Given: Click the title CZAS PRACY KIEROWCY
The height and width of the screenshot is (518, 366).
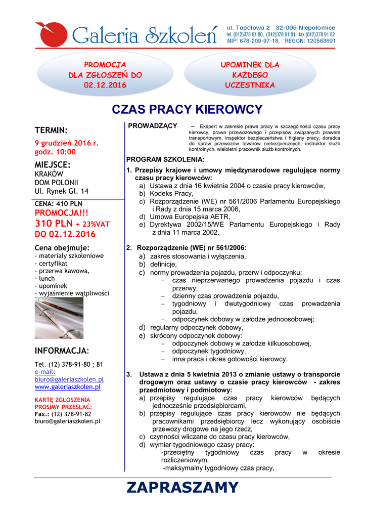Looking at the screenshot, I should [187, 110].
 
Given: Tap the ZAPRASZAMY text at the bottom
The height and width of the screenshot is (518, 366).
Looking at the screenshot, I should [182, 488].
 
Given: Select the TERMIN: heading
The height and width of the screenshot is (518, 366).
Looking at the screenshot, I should [51, 130].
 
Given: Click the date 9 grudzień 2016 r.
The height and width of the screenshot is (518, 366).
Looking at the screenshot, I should [66, 143].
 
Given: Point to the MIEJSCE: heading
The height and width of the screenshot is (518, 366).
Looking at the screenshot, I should [53, 164].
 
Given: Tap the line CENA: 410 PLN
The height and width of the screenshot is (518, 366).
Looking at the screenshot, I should [58, 204].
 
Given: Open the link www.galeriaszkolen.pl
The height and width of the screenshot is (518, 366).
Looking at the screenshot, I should [67, 387].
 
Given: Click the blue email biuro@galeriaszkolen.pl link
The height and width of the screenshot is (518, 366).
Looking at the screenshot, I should [69, 379].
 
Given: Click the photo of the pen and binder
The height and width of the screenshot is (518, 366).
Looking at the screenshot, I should [59, 318].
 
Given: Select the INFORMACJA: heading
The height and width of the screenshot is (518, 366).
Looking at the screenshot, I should [62, 351].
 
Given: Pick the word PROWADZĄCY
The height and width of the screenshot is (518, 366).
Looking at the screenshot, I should [153, 125].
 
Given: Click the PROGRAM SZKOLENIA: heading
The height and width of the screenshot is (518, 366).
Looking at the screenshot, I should [165, 159].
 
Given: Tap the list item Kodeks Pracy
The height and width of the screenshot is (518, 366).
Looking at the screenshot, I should [171, 193].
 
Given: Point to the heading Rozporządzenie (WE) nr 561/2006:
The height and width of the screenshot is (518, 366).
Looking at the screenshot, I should [192, 248].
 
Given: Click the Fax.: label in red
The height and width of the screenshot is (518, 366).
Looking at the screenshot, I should [41, 414].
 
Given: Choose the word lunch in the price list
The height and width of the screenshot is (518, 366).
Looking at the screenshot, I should [47, 278].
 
